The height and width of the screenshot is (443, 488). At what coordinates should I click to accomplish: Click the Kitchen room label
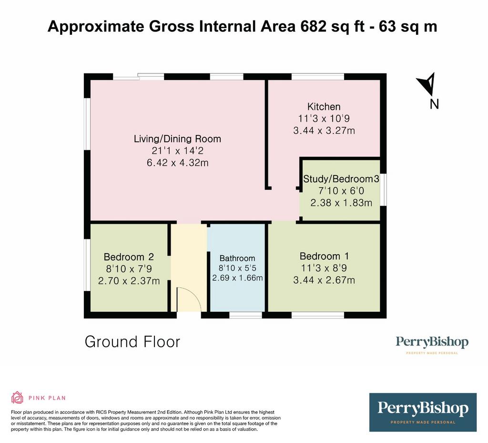324,107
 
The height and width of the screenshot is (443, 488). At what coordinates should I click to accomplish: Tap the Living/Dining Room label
177,139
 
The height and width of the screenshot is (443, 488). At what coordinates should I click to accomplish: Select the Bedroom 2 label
129,257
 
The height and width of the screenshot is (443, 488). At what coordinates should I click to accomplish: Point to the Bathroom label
237,258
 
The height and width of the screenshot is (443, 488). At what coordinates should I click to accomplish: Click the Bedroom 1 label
324,256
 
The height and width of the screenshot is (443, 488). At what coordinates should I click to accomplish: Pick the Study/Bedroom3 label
341,179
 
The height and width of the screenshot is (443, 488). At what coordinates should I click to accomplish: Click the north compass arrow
427,84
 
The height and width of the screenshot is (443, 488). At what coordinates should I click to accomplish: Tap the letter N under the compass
434,104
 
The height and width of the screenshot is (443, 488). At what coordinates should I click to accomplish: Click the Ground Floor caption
132,342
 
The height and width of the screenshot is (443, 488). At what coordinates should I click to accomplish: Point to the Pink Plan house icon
18,398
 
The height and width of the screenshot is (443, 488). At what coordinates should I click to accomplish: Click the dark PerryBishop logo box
423,412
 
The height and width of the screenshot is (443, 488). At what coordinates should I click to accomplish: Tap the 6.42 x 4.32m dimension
177,163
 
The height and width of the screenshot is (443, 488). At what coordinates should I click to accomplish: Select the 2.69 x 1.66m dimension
237,278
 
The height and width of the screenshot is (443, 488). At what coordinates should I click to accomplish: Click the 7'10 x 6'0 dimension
341,191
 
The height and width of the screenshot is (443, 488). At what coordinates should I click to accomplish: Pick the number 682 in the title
314,26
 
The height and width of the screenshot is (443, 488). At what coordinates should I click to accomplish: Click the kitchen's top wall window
318,77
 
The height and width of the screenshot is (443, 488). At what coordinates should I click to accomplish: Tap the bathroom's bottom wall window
245,315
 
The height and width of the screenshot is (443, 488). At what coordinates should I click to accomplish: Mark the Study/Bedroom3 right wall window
384,190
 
